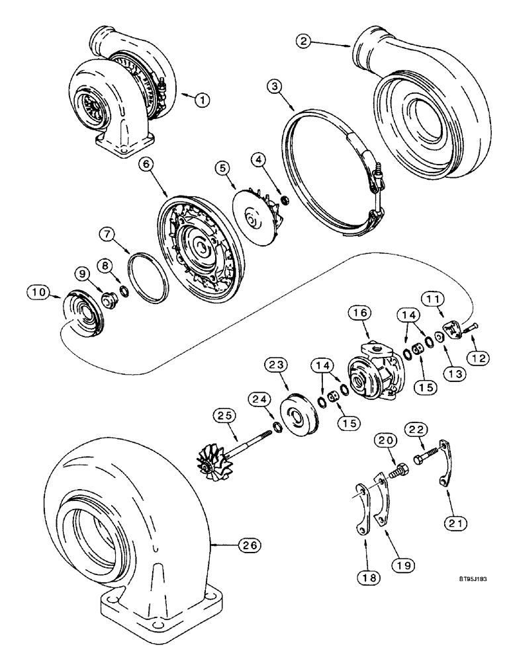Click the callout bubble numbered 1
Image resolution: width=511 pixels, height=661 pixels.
point(203,100)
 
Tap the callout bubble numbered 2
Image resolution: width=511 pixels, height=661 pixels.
point(305,41)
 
